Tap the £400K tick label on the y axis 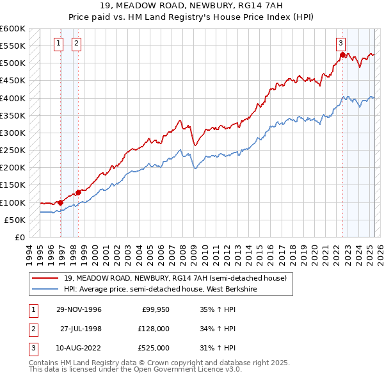(x=12, y=98)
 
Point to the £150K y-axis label (x=12, y=185)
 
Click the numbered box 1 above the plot (x=58, y=44)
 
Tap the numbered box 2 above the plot (x=76, y=44)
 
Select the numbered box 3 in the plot (x=341, y=44)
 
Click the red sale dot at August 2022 (x=342, y=55)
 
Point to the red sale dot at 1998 (x=79, y=192)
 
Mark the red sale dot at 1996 (x=61, y=202)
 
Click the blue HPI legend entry (x=160, y=289)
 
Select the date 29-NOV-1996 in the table (x=79, y=309)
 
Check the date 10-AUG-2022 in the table (x=79, y=348)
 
